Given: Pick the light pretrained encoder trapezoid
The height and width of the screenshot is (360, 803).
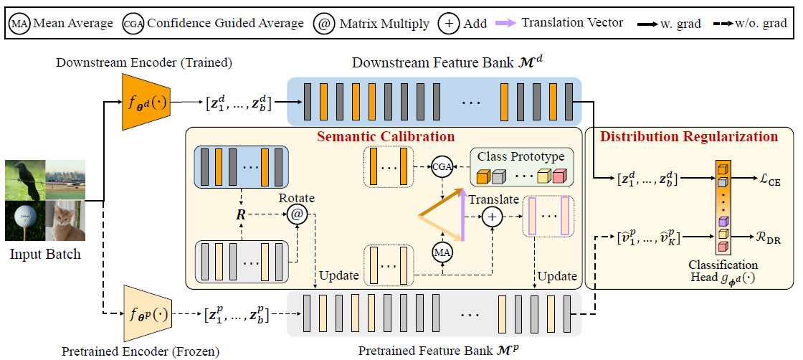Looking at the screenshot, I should [143, 314].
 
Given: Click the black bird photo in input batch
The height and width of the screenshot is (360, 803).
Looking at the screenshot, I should [24, 179].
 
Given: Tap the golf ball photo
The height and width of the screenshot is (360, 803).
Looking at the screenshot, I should [24, 220].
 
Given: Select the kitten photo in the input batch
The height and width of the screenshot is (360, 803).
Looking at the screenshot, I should [65, 220].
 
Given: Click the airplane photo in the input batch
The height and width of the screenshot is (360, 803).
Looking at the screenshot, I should [65, 179].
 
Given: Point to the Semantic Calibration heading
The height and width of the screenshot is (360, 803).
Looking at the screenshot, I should [385, 136].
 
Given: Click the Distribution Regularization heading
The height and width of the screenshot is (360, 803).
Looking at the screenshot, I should [688, 136].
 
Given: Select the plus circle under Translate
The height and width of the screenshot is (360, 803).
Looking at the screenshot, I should [492, 216].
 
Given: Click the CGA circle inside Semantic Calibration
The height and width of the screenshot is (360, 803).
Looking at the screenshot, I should [443, 166].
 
